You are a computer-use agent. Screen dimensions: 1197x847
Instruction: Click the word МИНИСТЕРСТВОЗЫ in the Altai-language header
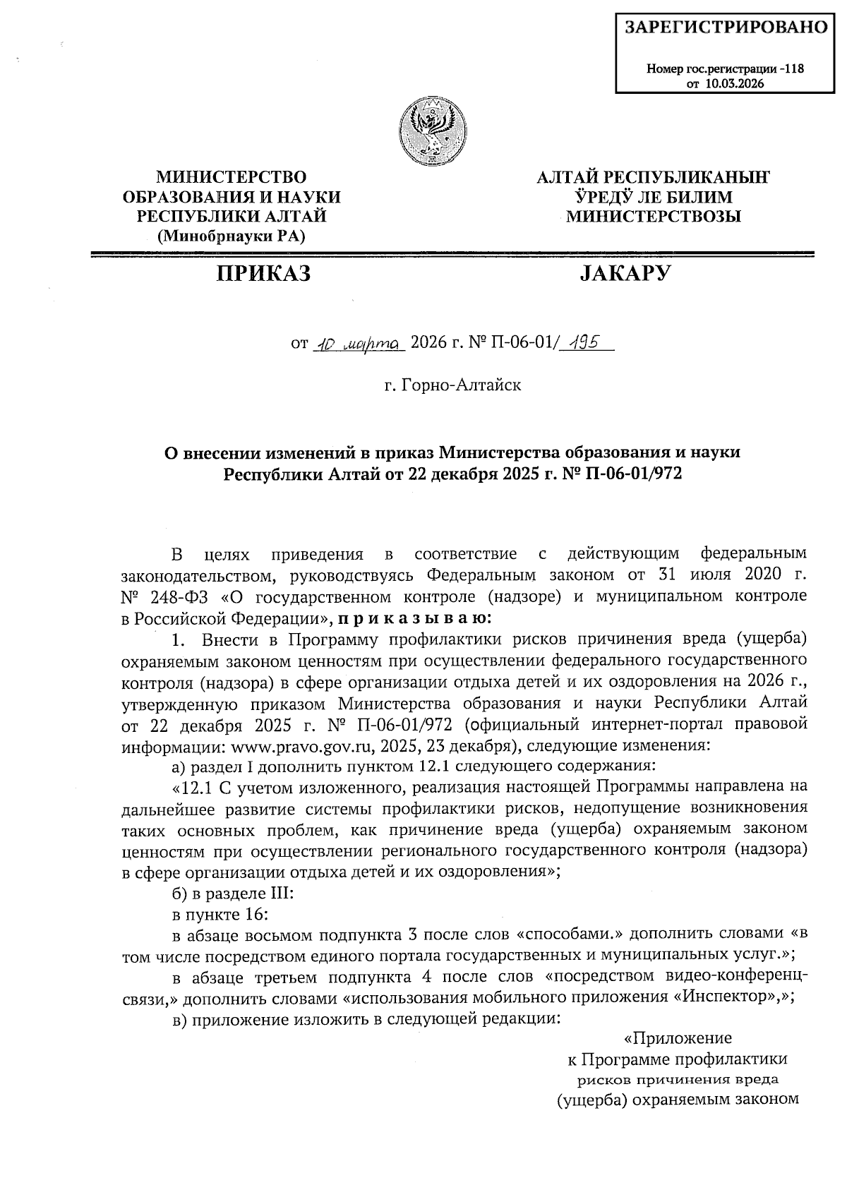coord(654,217)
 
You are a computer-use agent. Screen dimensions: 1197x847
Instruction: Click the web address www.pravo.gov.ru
coord(299,745)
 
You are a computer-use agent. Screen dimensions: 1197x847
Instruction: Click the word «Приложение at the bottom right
coord(678,1038)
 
